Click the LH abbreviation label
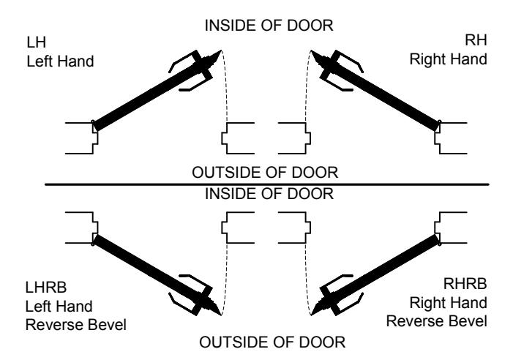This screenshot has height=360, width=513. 37,42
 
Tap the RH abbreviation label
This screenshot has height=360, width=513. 476,40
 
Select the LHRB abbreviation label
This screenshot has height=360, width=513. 46,288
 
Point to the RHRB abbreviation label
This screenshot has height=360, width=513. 465,283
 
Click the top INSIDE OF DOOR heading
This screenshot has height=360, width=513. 269,26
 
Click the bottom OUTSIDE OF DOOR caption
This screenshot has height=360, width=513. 272,342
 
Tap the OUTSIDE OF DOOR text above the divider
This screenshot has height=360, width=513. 265,172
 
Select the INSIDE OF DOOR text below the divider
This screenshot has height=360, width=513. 269,194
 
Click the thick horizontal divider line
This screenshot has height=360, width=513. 266,184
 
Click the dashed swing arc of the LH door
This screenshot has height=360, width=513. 225,85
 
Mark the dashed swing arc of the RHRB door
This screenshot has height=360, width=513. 307,280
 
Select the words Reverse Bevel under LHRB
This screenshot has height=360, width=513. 76,325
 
